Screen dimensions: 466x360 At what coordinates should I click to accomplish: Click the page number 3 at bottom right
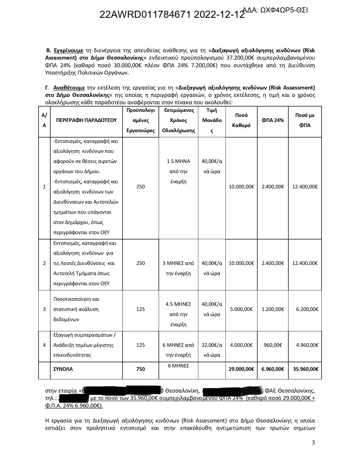point(313,443)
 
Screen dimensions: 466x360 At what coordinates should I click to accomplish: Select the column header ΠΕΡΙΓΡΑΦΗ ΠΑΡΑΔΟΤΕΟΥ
point(86,120)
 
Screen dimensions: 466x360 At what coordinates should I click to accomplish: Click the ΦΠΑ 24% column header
point(272,120)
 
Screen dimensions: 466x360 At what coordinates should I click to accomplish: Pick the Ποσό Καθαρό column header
point(241,120)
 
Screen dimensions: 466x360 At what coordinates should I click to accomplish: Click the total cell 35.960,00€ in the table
point(305,369)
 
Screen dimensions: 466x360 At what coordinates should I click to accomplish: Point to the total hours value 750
point(140,369)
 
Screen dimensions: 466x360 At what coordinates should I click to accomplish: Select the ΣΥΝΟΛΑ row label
point(63,369)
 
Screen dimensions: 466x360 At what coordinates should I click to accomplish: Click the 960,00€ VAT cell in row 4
point(273,345)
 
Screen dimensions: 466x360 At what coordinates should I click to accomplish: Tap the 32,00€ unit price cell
point(212,350)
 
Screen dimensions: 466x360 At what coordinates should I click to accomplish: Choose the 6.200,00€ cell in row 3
point(307,309)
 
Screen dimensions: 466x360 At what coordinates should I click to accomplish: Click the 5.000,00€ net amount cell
point(241,309)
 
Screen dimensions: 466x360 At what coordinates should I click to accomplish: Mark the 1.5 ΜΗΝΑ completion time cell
point(178,171)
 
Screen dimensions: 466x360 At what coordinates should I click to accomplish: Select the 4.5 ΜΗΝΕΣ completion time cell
point(178,314)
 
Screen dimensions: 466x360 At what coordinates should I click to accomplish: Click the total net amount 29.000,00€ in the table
point(241,369)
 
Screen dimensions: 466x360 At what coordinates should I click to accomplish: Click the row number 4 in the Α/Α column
point(44,345)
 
